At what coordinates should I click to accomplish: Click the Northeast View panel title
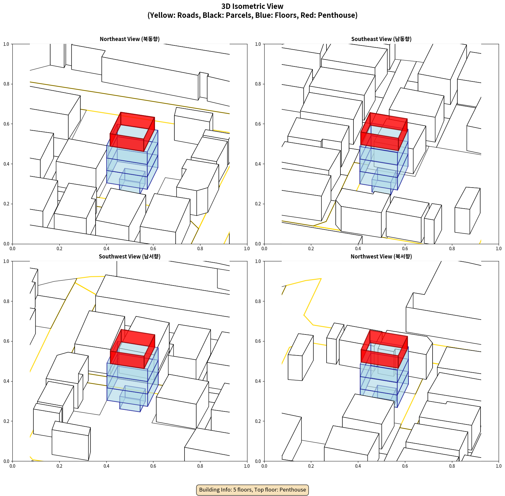click(130, 39)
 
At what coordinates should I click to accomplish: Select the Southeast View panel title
click(381, 39)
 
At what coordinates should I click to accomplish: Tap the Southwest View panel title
click(130, 257)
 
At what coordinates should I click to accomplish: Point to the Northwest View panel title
click(381, 257)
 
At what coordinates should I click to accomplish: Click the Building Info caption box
click(252, 490)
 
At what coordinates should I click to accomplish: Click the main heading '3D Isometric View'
click(252, 6)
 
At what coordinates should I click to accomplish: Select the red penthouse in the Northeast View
click(132, 132)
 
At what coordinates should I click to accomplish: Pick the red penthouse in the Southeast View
click(384, 132)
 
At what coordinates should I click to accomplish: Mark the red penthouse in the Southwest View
click(132, 349)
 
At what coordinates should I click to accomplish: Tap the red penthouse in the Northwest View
click(384, 349)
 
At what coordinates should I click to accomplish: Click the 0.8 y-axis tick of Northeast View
click(6, 84)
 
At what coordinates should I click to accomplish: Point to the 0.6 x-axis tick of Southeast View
click(405, 249)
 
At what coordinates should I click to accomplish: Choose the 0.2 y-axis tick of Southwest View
click(6, 421)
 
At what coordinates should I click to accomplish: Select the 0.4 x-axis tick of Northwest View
click(358, 466)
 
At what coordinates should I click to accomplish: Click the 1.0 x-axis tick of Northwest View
click(499, 466)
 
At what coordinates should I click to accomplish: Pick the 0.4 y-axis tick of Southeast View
click(258, 164)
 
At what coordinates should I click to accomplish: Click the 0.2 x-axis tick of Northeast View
click(59, 249)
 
